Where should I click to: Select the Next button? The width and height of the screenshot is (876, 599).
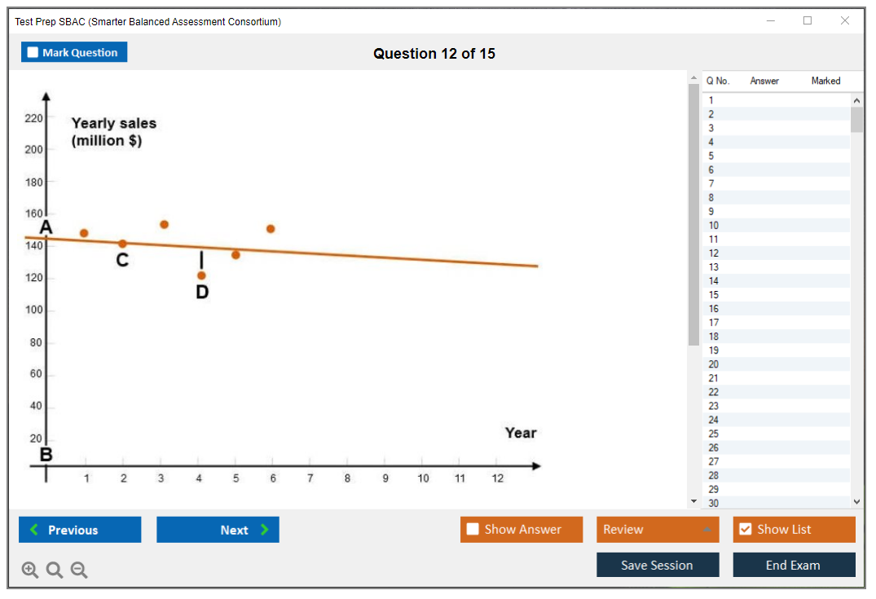218,530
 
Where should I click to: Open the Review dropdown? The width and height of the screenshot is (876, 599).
658,530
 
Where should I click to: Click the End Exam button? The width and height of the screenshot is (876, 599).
794,565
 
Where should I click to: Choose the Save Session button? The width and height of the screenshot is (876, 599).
658,565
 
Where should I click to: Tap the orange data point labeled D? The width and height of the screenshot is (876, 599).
201,275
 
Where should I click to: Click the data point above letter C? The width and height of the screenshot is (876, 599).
122,244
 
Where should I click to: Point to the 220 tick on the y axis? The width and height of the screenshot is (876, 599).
33,118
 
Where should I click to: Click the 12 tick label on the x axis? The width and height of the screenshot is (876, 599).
497,478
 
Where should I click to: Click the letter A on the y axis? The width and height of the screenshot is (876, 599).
46,227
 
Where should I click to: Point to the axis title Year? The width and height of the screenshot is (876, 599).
520,433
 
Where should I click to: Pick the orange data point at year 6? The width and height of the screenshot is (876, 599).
271,229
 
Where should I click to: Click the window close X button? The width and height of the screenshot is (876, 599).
845,21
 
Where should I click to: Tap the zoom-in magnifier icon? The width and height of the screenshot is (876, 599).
30,570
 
